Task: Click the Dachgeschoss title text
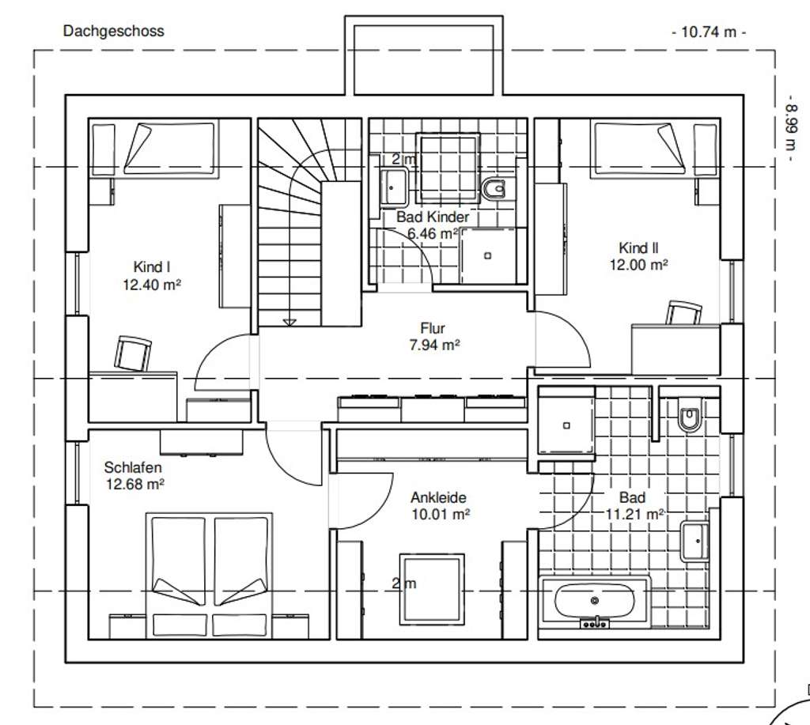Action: pyautogui.click(x=113, y=32)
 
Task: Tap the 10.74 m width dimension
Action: pyautogui.click(x=708, y=32)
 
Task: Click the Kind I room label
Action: pyautogui.click(x=146, y=267)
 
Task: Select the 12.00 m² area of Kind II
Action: pyautogui.click(x=638, y=265)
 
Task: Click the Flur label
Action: pyautogui.click(x=433, y=328)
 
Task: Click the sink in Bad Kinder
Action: pyautogui.click(x=393, y=187)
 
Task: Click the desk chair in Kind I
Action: pyautogui.click(x=134, y=353)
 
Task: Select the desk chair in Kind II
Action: pyautogui.click(x=683, y=313)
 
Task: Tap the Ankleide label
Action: pyautogui.click(x=438, y=498)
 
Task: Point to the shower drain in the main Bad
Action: pyautogui.click(x=566, y=425)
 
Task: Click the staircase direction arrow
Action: pyautogui.click(x=290, y=321)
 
